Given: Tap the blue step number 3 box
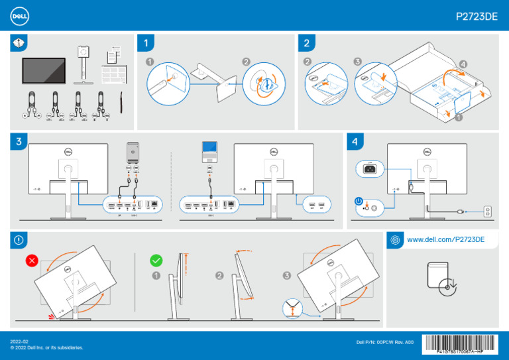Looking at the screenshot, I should [x=19, y=142].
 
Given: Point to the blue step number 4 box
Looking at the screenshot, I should [x=355, y=142].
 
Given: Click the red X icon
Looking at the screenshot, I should [x=31, y=261].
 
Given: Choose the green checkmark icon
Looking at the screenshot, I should [x=156, y=261].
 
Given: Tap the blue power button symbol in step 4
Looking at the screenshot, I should [x=359, y=201].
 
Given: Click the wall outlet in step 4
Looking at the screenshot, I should [x=488, y=211].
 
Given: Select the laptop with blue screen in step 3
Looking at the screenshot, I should [x=209, y=152].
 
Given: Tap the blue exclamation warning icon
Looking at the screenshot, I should [x=18, y=239].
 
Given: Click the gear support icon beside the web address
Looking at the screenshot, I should [x=395, y=239].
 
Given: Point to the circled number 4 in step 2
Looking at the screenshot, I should [x=462, y=64].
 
